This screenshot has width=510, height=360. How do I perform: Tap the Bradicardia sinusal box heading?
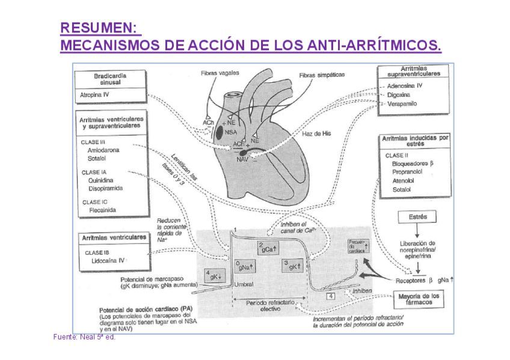pyautogui.click(x=110, y=79)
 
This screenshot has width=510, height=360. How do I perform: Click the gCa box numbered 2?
pyautogui.click(x=267, y=246)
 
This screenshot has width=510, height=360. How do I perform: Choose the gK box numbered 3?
pyautogui.click(x=291, y=264)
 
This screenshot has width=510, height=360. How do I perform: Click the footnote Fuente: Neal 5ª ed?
pyautogui.click(x=84, y=337)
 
